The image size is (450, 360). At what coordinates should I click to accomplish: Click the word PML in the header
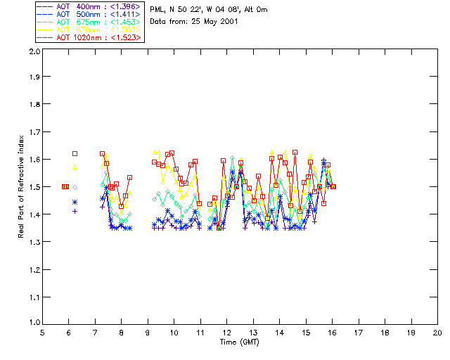(157, 10)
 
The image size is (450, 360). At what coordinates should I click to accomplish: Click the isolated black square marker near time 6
(75, 153)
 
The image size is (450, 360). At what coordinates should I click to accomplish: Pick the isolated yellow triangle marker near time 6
(75, 167)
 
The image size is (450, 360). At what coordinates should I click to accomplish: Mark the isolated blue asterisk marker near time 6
(75, 202)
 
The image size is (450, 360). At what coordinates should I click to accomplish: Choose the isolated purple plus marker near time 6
(75, 211)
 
